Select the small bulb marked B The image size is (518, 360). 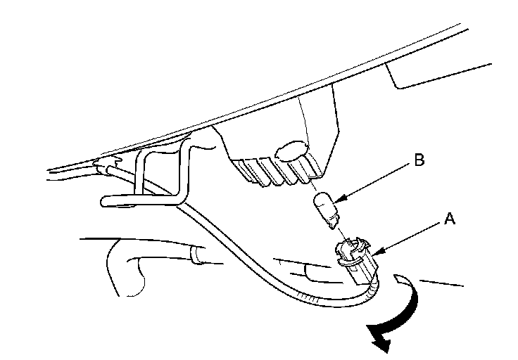[x=325, y=206]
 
